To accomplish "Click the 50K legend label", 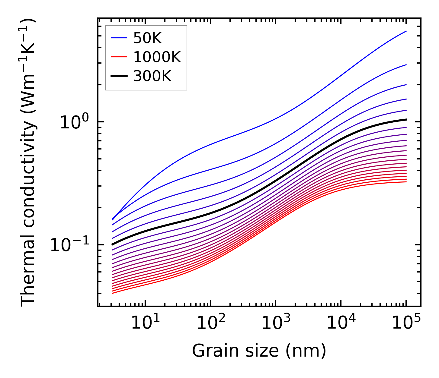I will [147, 38].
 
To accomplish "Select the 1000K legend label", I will [157, 57].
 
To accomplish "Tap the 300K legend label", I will [152, 76].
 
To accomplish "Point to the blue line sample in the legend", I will [120, 38].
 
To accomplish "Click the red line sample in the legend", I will [120, 57].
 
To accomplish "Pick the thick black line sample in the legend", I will [120, 76].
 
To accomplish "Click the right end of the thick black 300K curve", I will [406, 120].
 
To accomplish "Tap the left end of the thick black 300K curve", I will [113, 244].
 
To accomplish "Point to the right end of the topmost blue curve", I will [406, 31].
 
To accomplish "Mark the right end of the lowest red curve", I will [406, 181].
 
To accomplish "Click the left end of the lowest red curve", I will [113, 293].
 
